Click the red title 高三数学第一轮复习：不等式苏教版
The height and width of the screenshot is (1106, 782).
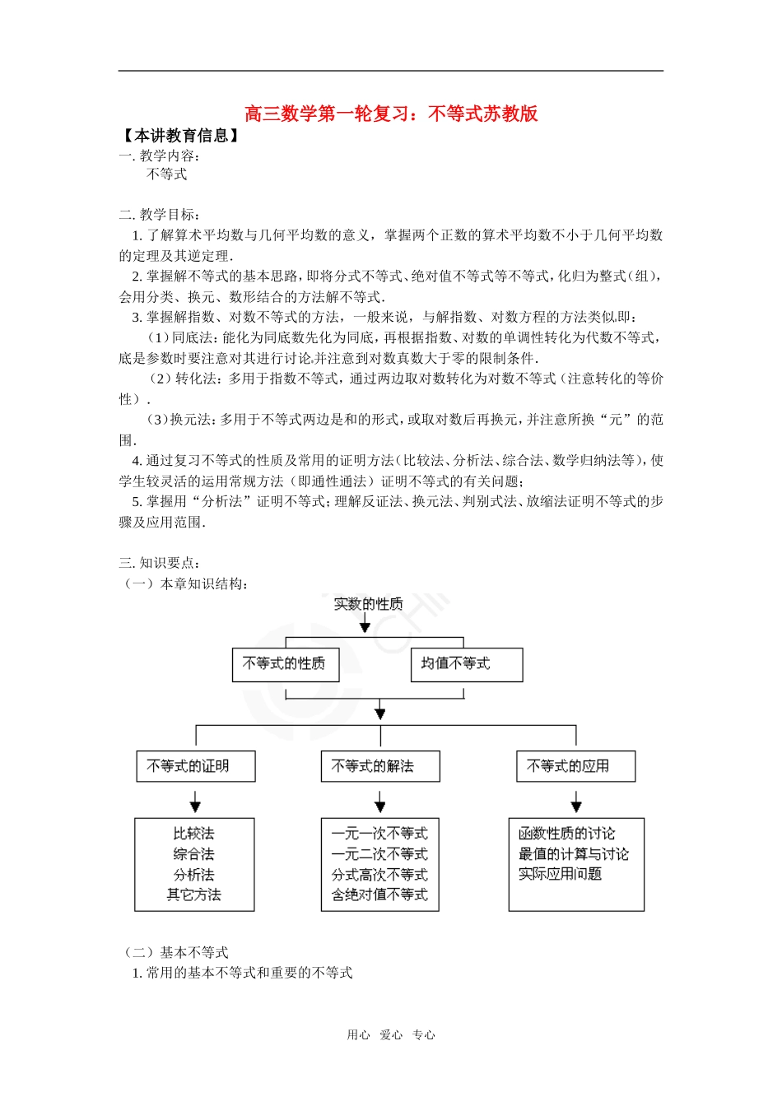point(391,114)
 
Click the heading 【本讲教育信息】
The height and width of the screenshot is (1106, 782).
point(180,136)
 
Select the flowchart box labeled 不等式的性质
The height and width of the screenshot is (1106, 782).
point(285,664)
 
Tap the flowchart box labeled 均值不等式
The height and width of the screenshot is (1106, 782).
point(466,664)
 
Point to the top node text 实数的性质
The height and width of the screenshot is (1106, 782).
point(368,604)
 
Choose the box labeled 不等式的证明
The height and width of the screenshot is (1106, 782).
point(195,766)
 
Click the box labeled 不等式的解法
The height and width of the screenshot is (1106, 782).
point(379,766)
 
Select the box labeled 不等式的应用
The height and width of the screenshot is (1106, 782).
point(575,766)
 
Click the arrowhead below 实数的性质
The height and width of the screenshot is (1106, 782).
point(365,628)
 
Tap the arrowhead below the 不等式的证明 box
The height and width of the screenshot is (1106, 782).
point(195,806)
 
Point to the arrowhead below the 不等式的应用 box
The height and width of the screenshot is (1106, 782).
point(576,806)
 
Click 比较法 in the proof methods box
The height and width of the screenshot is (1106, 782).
point(194,834)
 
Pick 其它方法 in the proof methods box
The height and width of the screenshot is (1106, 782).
point(194,895)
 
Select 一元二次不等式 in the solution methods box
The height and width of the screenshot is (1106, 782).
point(379,854)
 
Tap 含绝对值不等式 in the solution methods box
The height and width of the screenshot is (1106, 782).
point(379,895)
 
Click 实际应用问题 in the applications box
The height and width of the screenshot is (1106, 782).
point(560,874)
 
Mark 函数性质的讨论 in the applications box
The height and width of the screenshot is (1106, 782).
point(566,834)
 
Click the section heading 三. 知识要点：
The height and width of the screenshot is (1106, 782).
point(160,563)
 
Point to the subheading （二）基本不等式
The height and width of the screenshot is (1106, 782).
point(175,952)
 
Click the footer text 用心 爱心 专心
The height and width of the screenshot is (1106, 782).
point(391,1035)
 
